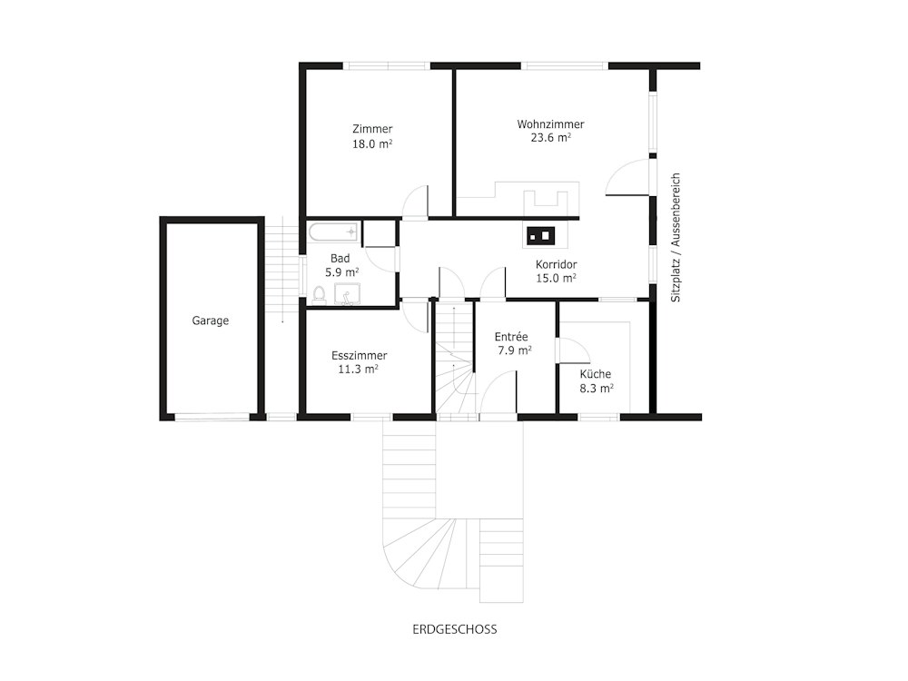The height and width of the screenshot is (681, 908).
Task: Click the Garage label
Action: pyautogui.click(x=211, y=321)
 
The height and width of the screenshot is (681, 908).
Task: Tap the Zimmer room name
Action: pyautogui.click(x=372, y=129)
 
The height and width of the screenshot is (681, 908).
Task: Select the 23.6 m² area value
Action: pyautogui.click(x=551, y=137)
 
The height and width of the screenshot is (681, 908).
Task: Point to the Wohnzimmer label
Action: pyautogui.click(x=551, y=123)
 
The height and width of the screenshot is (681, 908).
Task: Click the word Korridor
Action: pyautogui.click(x=556, y=264)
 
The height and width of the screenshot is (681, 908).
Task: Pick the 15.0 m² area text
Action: pyautogui.click(x=556, y=278)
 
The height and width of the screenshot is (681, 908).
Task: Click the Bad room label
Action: pyautogui.click(x=340, y=258)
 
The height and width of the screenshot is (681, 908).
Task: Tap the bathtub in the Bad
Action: pyautogui.click(x=333, y=232)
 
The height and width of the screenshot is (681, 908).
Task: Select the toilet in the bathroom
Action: pyautogui.click(x=319, y=294)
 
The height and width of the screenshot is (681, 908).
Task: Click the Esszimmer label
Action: pyautogui.click(x=359, y=356)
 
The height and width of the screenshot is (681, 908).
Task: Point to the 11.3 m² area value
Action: pyautogui.click(x=359, y=369)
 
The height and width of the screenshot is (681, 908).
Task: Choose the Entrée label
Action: pyautogui.click(x=511, y=337)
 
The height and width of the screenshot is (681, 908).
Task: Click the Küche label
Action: pyautogui.click(x=596, y=374)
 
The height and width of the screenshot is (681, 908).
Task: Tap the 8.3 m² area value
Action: pyautogui.click(x=597, y=388)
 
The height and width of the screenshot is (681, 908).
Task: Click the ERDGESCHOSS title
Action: pyautogui.click(x=455, y=629)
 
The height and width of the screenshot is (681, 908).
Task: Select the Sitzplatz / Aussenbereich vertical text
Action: pyautogui.click(x=676, y=237)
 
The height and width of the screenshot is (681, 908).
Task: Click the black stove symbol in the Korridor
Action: pyautogui.click(x=540, y=235)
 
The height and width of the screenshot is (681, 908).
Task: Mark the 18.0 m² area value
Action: pyautogui.click(x=372, y=143)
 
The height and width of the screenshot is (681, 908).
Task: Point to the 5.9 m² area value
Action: pyautogui.click(x=341, y=272)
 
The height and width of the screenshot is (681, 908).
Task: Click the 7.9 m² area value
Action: pyautogui.click(x=515, y=350)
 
